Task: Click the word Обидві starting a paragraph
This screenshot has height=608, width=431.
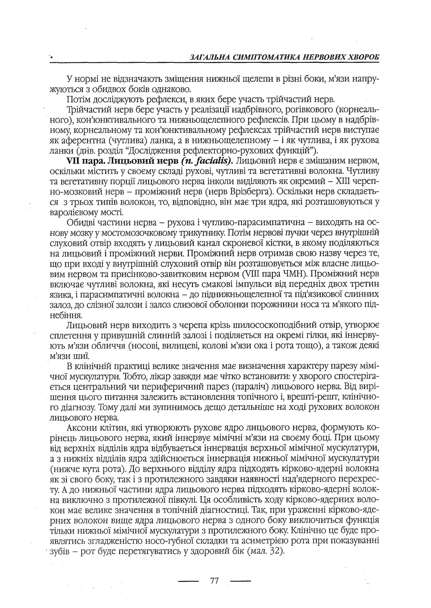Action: tap(81, 222)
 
